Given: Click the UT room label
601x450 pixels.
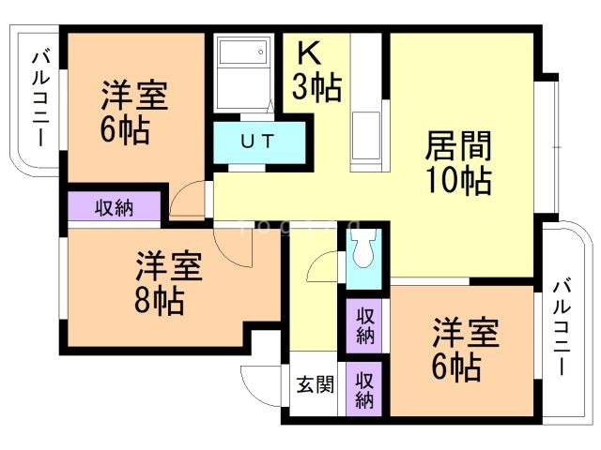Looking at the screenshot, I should pyautogui.click(x=257, y=142).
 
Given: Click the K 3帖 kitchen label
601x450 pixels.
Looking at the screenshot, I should pyautogui.click(x=316, y=73).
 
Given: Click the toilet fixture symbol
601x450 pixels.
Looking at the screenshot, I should pyautogui.click(x=362, y=250).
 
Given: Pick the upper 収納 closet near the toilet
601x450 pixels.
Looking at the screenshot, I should pyautogui.click(x=365, y=323).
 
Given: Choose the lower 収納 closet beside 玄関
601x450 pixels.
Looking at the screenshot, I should pyautogui.click(x=365, y=388).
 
